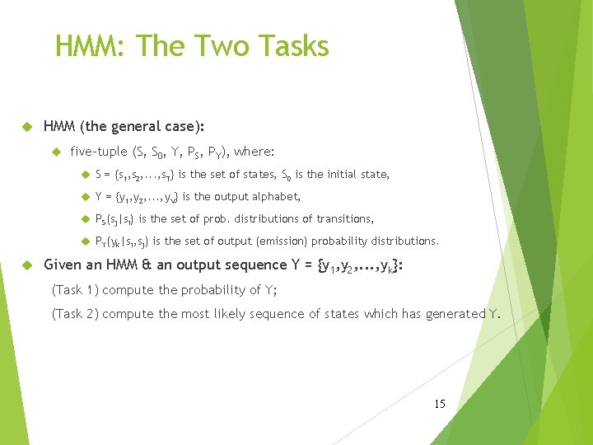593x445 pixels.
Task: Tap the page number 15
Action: pyautogui.click(x=439, y=404)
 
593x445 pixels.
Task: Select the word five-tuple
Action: pyautogui.click(x=99, y=152)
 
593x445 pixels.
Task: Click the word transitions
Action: pyautogui.click(x=345, y=219)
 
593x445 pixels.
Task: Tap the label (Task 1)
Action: pyautogui.click(x=75, y=289)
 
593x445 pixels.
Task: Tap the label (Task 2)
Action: pyautogui.click(x=75, y=313)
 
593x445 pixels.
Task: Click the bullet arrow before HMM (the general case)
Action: pyautogui.click(x=25, y=128)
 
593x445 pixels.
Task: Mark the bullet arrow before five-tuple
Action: pyautogui.click(x=56, y=152)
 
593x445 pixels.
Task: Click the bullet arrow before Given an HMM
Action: pyautogui.click(x=25, y=265)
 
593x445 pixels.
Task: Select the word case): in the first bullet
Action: pyautogui.click(x=185, y=128)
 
